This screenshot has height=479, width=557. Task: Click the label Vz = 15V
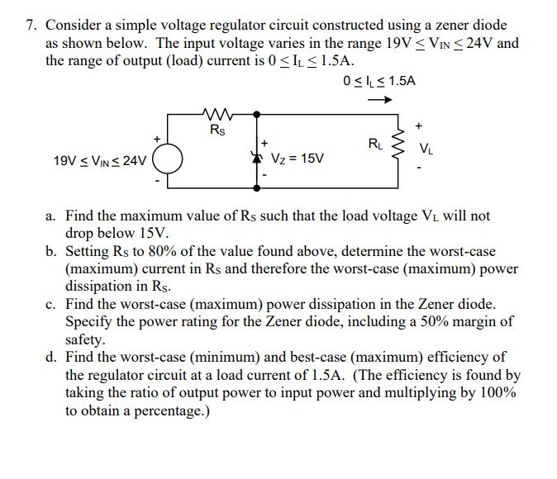(x=298, y=157)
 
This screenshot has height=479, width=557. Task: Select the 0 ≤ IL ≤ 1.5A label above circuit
(x=378, y=81)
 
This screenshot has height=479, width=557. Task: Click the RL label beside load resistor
(x=374, y=143)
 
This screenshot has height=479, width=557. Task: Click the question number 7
(x=30, y=26)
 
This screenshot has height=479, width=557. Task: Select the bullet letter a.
(x=50, y=216)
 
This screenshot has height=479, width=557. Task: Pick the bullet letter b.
(x=50, y=251)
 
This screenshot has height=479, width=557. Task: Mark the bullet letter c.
(x=50, y=304)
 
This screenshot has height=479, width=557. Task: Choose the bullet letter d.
(x=50, y=357)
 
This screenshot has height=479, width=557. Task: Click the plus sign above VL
(x=420, y=126)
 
